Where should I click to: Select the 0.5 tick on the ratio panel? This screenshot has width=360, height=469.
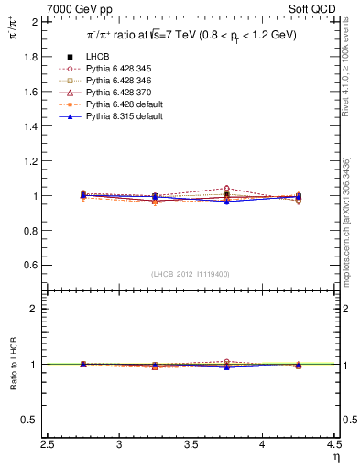[32, 420]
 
